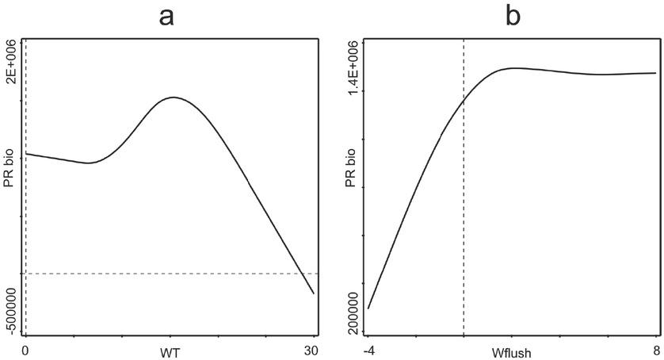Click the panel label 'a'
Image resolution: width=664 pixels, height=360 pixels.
pos(166,16)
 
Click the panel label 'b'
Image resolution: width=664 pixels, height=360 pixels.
pos(513,16)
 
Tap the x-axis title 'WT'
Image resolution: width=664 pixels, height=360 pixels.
pos(170,350)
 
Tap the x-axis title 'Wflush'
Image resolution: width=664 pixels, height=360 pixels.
pos(513,350)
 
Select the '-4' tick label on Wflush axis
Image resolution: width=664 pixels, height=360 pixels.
pos(368,350)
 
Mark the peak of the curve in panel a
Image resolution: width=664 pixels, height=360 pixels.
pos(174,97)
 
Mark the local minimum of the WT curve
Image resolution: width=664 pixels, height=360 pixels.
pos(90,163)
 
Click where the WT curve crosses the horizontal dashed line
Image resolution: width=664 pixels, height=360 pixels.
pos(303,274)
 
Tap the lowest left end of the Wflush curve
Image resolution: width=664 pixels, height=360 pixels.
pos(368,308)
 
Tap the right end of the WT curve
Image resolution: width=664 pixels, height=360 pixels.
pos(314,293)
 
